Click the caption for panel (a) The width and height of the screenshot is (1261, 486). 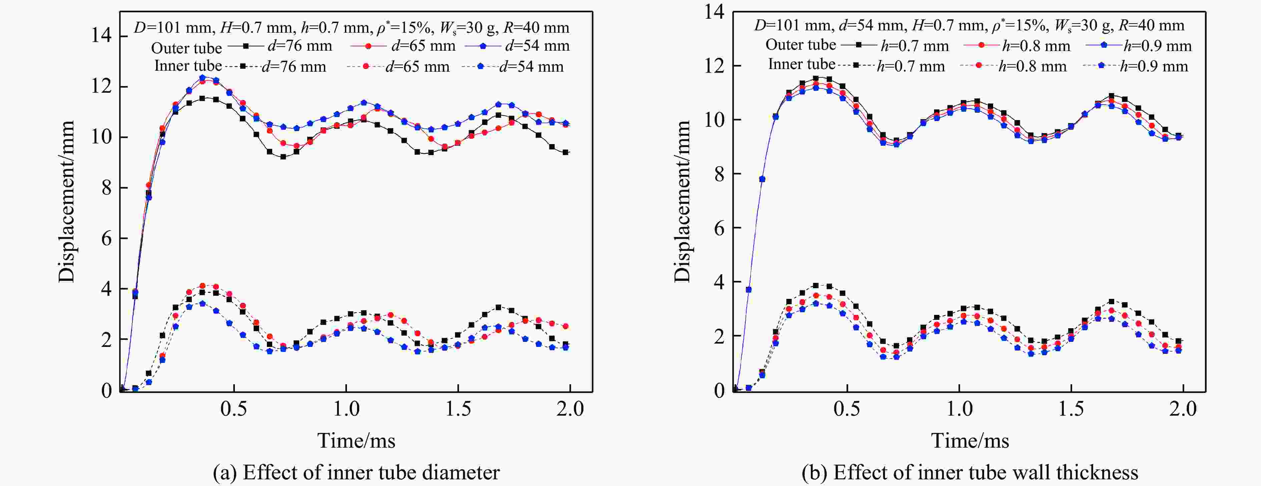(356, 473)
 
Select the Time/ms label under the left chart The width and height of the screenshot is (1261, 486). (356, 441)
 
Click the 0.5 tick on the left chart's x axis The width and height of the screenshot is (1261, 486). (234, 409)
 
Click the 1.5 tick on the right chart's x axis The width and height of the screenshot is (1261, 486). (1071, 409)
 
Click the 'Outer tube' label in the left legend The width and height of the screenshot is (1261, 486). (186, 47)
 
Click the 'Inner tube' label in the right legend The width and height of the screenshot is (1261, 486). (801, 64)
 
